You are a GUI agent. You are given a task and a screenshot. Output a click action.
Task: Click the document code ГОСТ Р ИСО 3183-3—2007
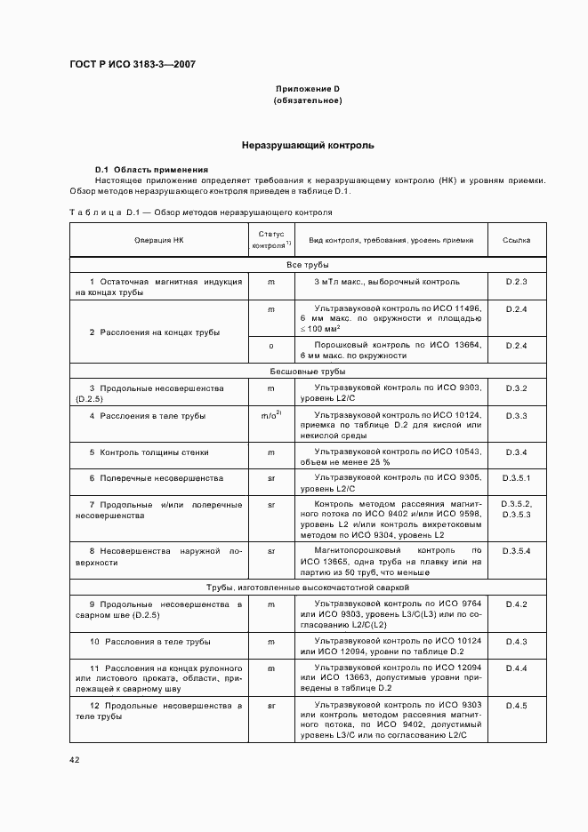coord(132,65)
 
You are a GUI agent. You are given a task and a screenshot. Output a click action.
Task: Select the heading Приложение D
coord(307,90)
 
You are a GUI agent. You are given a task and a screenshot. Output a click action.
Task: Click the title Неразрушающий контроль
coord(307,145)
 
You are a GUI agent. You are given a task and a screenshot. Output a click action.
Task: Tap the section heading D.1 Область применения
coord(151,169)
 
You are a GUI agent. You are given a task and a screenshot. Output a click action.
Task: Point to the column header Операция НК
coord(159,240)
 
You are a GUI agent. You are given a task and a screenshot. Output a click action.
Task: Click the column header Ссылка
coord(517,240)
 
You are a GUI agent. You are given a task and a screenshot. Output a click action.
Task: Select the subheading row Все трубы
coord(307,265)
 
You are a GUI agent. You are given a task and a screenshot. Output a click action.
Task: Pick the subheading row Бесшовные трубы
coord(307,372)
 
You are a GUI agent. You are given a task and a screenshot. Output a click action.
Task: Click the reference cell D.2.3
coord(517,282)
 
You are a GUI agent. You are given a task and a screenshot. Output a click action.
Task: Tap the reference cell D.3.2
coord(517,388)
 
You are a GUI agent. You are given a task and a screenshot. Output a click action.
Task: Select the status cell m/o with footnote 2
coord(271,415)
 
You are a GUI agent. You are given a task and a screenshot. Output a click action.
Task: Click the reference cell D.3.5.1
coord(517,478)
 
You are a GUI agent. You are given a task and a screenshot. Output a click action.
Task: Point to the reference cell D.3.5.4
coord(517,551)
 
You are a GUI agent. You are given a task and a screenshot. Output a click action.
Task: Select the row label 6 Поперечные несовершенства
coord(156,478)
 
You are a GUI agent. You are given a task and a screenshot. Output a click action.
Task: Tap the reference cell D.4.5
coord(517,706)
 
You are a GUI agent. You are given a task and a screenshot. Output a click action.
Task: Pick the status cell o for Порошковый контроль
coord(271,345)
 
